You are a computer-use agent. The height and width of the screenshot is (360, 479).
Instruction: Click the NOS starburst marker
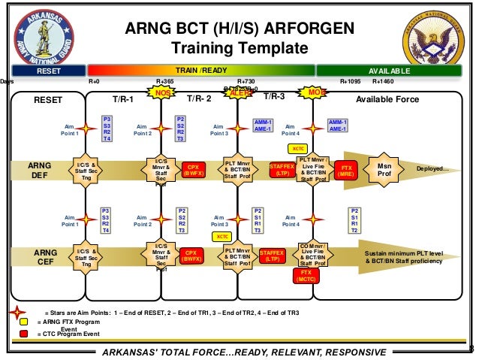point(161,92)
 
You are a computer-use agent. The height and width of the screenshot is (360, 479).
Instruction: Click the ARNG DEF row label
point(40,170)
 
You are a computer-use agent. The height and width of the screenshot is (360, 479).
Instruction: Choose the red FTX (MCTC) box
point(306,277)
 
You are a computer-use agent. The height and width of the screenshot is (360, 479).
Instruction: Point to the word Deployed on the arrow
point(432,169)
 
